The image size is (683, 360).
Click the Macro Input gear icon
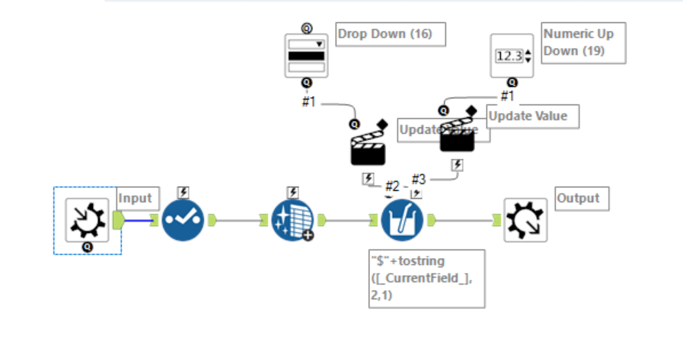pos(88,220)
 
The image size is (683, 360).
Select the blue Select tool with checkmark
pos(184,220)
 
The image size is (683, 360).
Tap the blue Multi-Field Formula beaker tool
pos(401,220)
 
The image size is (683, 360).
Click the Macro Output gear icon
pos(525,220)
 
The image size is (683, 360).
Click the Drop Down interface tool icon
pos(305,56)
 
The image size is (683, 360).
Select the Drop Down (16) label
pos(390,34)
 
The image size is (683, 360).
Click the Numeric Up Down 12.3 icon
pos(512,56)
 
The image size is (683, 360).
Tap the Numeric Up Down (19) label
pos(583,43)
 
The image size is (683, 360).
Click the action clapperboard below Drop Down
pos(368,146)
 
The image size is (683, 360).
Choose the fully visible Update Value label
pos(532,116)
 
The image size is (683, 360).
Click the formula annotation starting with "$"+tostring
pos(426,278)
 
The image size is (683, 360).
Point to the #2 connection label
pos(391,186)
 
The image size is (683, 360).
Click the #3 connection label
pos(419,179)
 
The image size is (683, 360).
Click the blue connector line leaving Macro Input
pos(138,221)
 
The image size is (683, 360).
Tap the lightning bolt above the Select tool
pos(184,193)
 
